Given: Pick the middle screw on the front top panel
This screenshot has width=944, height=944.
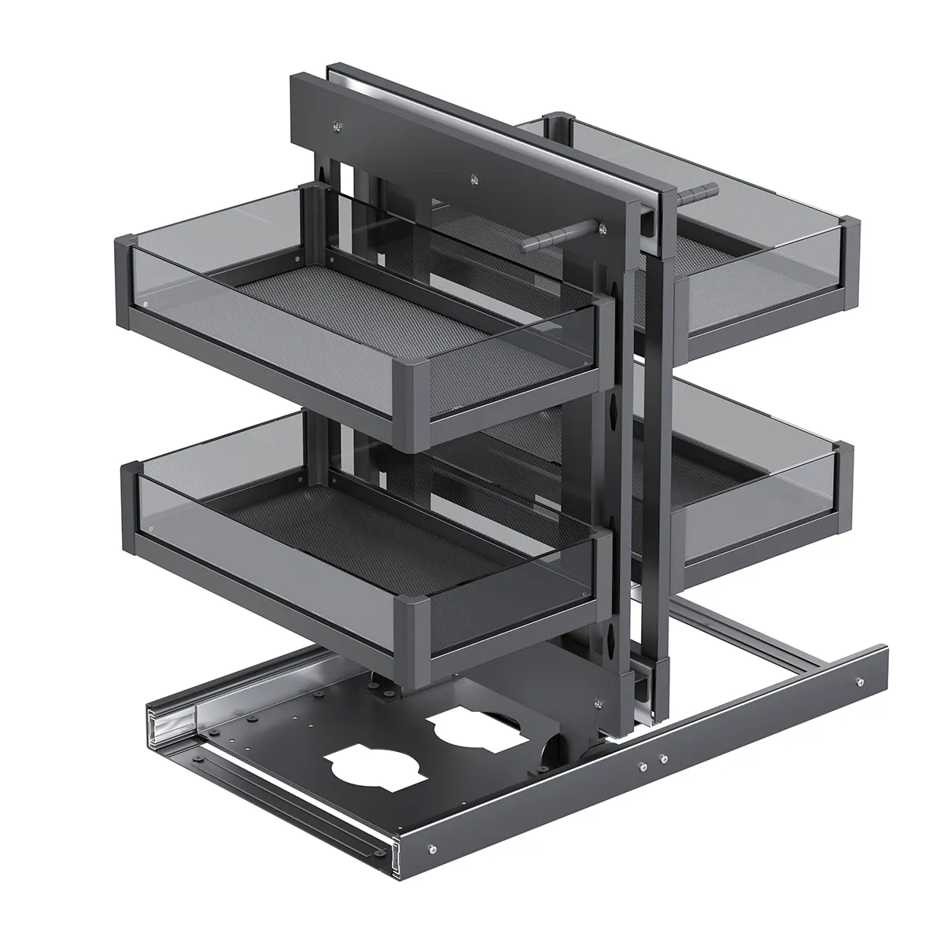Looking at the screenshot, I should (474, 179).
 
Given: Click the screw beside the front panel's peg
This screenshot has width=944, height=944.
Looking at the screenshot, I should (603, 228).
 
